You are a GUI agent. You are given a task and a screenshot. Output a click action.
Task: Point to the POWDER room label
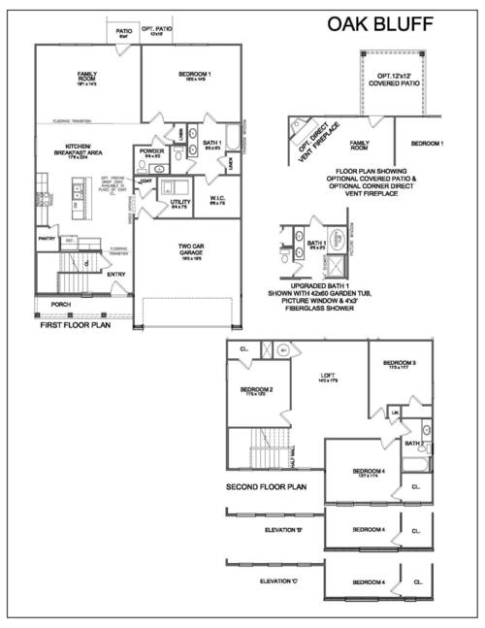(x=151, y=151)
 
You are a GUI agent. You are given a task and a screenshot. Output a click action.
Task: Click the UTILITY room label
(x=180, y=202)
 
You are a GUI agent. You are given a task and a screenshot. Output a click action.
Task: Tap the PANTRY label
(x=46, y=237)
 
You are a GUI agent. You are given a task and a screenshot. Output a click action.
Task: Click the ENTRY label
(x=117, y=274)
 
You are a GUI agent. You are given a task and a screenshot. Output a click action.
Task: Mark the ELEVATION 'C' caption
(x=282, y=580)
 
